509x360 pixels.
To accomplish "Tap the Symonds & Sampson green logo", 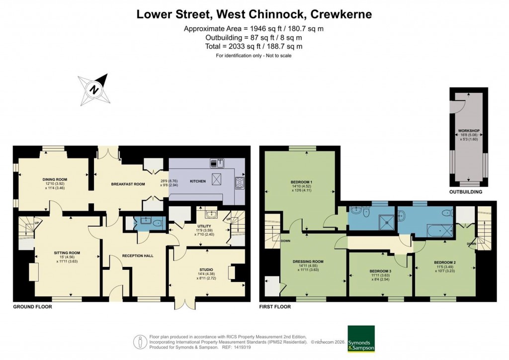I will point(360,339).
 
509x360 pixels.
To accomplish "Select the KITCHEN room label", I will point(198,181).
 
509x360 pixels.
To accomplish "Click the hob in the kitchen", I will point(240,182).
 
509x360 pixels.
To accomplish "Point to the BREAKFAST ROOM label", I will point(128,184).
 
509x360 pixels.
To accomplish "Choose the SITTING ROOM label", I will point(67,253).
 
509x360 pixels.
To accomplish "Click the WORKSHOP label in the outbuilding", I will point(468,131).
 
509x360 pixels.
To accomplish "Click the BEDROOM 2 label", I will point(444,263).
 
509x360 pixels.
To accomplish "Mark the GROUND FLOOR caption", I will point(32,307).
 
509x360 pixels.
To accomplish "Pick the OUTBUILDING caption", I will point(466,191).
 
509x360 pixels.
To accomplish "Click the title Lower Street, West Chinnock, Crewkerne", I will point(254,15).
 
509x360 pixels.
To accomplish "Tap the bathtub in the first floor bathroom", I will point(439,231).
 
